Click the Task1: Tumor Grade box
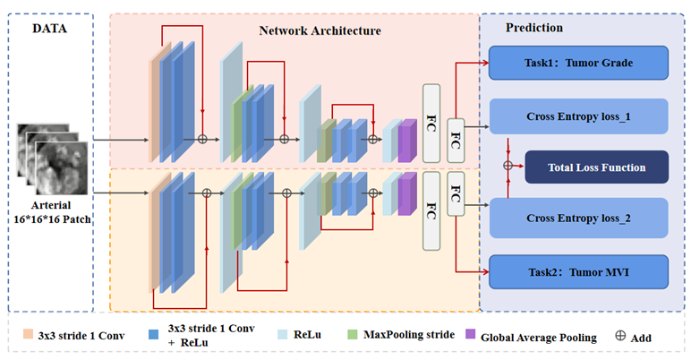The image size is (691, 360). coord(578,63)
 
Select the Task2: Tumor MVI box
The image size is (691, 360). coord(578,268)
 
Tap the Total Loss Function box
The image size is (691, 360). coord(597,167)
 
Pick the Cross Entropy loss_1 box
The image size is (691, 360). coord(578,116)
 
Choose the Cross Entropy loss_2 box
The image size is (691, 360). coord(578,217)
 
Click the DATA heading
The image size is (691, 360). coord(50,28)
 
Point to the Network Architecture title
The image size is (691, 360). coord(320,30)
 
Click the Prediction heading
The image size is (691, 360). coord(534,28)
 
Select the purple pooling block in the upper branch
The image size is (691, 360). coord(407,141)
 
